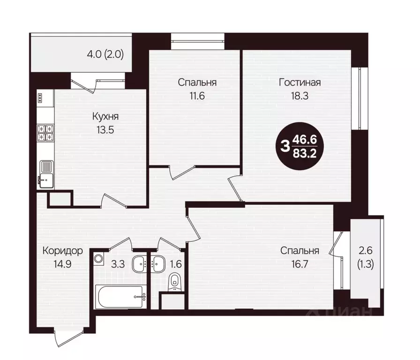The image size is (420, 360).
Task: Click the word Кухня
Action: [x=105, y=117]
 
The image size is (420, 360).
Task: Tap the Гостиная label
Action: [x=300, y=82]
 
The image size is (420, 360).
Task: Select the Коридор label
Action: [x=63, y=251]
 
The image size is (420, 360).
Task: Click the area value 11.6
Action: [x=197, y=96]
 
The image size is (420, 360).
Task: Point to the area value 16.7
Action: [x=300, y=264]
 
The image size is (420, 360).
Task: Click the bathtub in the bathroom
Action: [x=121, y=297]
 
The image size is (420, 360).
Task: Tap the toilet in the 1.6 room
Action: [x=175, y=282]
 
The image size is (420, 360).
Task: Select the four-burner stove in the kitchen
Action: [x=45, y=133]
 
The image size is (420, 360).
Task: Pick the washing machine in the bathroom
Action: [x=98, y=258]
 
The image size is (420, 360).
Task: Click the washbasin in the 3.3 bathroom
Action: [x=139, y=263]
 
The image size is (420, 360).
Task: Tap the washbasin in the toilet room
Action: [x=158, y=263]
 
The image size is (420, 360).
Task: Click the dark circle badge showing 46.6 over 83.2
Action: [x=300, y=146]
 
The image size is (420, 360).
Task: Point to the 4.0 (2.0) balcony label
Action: [x=105, y=55]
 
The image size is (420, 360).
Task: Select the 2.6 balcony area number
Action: [x=366, y=251]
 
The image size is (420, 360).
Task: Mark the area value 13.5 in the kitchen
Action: [x=105, y=130]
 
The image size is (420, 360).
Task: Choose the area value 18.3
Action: [x=300, y=96]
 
